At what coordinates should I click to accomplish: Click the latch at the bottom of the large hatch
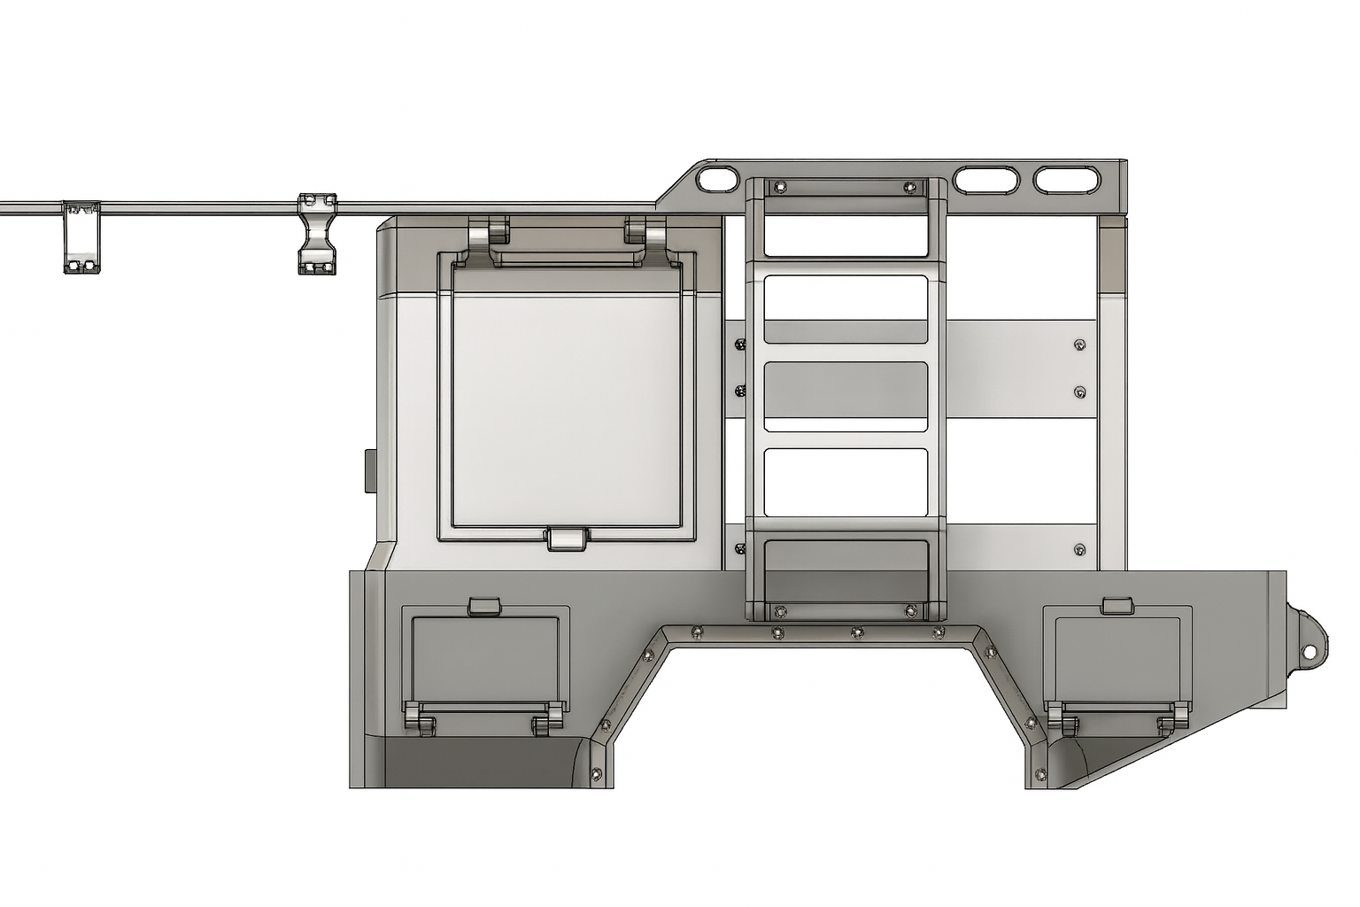coord(568,539)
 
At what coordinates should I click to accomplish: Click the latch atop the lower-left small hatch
coord(484,606)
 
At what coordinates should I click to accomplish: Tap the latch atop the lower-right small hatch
coord(1117,605)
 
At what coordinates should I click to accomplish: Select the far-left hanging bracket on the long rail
coord(81,237)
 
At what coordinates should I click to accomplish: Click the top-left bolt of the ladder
coord(779,187)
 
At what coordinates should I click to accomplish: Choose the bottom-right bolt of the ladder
coord(911,610)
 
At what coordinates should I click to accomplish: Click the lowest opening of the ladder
coord(846,567)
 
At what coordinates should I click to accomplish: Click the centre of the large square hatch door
coord(567,394)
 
